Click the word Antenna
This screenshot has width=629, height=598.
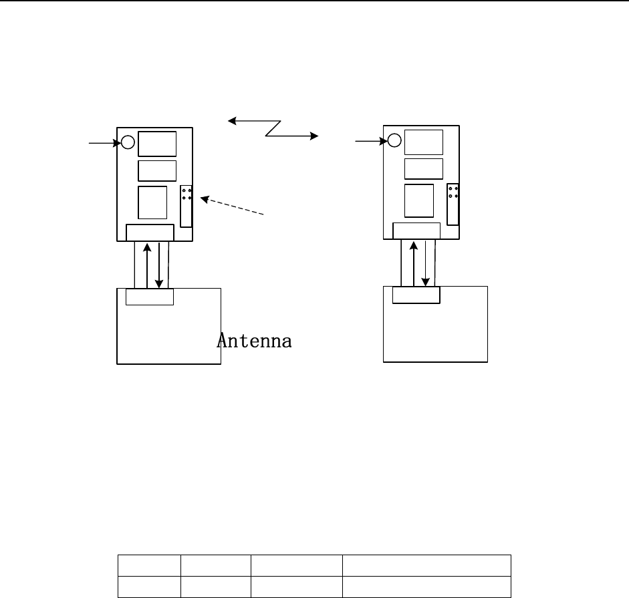point(254,341)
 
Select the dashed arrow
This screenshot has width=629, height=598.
point(232,206)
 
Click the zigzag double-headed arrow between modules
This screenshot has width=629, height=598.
point(273,128)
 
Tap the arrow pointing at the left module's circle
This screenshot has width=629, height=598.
point(105,143)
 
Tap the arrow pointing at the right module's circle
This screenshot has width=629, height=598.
point(371,141)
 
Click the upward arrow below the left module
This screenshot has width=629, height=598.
point(147,265)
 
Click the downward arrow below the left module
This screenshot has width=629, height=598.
point(159,265)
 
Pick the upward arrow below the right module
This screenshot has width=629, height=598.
point(414,263)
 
